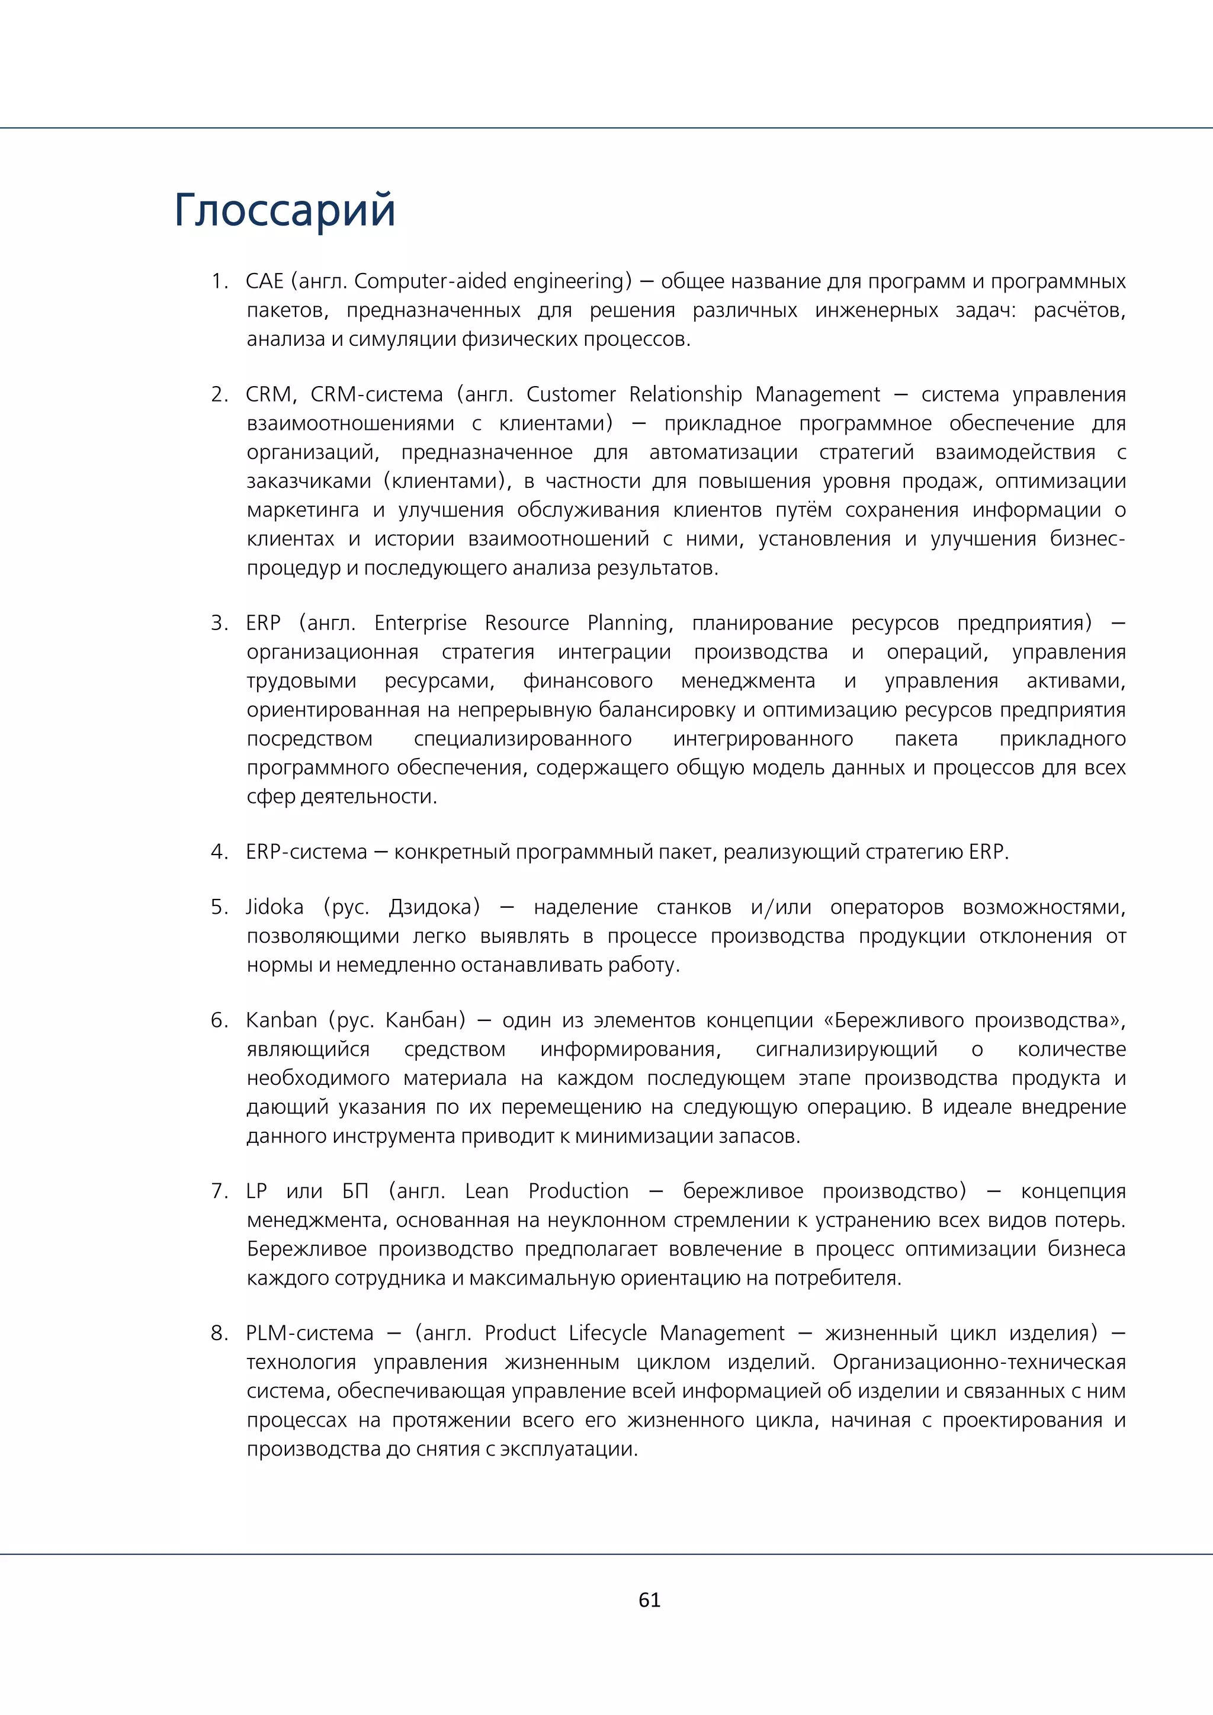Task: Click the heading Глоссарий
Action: coord(284,211)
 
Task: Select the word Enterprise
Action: coord(420,623)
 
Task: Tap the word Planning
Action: coord(629,624)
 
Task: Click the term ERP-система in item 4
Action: coord(306,852)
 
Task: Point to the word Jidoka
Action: coord(275,908)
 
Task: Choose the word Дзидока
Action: coord(432,908)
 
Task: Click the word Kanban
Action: coord(281,1020)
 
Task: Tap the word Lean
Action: coord(486,1191)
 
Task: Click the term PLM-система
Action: coord(309,1333)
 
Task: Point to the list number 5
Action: coord(218,908)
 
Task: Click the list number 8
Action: coord(218,1333)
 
